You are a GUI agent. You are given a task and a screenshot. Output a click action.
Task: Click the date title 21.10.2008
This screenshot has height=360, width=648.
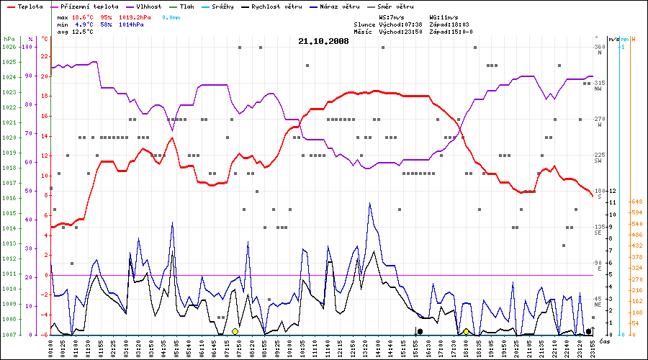[323, 42]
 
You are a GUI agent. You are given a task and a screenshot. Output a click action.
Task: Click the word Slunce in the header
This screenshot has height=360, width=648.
[364, 24]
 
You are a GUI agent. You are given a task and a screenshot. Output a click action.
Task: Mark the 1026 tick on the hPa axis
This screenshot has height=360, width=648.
[9, 47]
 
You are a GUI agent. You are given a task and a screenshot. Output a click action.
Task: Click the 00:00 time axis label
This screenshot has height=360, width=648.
[50, 346]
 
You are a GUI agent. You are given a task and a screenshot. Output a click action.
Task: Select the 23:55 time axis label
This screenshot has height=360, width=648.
[593, 346]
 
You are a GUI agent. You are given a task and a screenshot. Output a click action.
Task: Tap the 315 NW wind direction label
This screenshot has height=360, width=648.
[598, 85]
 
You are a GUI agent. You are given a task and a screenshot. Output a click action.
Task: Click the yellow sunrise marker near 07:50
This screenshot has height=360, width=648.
[235, 331]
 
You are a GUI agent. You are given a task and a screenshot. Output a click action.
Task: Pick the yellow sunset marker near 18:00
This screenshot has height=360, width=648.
[467, 331]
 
